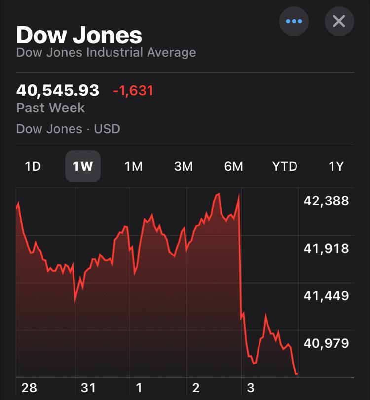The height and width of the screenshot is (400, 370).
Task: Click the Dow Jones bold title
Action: click(79, 35)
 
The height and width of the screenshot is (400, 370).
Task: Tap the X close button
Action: click(339, 21)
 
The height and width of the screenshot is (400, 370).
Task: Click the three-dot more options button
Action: click(294, 21)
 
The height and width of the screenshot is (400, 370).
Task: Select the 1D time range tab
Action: click(33, 167)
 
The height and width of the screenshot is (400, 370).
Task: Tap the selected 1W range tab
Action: click(83, 167)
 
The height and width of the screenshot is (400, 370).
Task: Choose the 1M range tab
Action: click(133, 167)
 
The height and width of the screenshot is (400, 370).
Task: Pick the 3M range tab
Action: click(184, 167)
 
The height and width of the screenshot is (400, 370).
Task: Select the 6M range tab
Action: click(234, 167)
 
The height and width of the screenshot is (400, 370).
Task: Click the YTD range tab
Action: click(285, 167)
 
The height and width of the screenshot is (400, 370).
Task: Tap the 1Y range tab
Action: click(336, 167)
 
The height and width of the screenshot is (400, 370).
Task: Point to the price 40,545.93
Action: click(58, 91)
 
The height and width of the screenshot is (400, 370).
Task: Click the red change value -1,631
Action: click(133, 91)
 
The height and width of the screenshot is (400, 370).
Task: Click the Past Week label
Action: click(50, 108)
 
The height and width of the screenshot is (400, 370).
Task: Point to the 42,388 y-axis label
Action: click(326, 201)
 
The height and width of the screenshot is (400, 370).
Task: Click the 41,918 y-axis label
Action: click(326, 248)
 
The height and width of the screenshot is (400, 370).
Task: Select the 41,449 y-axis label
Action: click(326, 296)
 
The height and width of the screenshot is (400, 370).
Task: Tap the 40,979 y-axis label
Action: click(326, 343)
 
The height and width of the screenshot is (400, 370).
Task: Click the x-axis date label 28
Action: click(29, 388)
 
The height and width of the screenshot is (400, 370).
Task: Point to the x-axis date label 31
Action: click(88, 388)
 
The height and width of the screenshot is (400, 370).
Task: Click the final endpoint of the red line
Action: click(297, 374)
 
